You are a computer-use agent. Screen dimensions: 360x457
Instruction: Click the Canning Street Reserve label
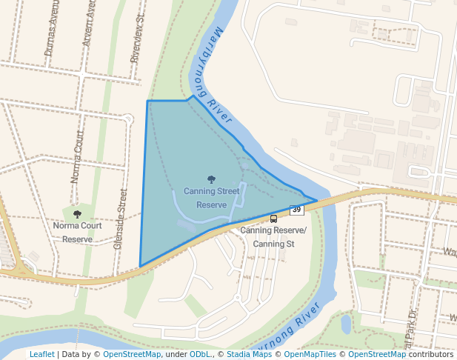click(x=211, y=198)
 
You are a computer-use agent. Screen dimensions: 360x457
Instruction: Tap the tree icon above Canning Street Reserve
click(x=212, y=179)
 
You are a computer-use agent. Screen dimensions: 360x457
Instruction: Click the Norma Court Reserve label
click(x=77, y=232)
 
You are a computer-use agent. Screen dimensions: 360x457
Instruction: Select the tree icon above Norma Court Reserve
click(x=77, y=214)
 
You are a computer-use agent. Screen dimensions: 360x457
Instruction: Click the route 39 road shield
click(x=296, y=210)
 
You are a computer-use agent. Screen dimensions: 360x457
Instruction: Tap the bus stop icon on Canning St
click(x=273, y=219)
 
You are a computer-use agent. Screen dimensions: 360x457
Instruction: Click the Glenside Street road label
click(x=120, y=219)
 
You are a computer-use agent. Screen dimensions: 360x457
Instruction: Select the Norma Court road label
click(x=76, y=157)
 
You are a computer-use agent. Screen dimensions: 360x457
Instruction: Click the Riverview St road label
click(x=136, y=41)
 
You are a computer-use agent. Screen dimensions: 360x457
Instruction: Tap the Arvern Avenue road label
click(x=90, y=24)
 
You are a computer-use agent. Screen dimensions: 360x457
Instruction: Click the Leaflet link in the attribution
click(x=41, y=355)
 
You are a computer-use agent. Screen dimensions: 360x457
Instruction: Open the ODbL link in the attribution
click(x=200, y=355)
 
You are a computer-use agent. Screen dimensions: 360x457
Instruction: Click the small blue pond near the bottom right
click(x=346, y=324)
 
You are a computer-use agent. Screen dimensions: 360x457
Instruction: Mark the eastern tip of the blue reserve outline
click(x=317, y=200)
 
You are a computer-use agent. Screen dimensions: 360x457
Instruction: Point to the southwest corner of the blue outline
click(x=140, y=266)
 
